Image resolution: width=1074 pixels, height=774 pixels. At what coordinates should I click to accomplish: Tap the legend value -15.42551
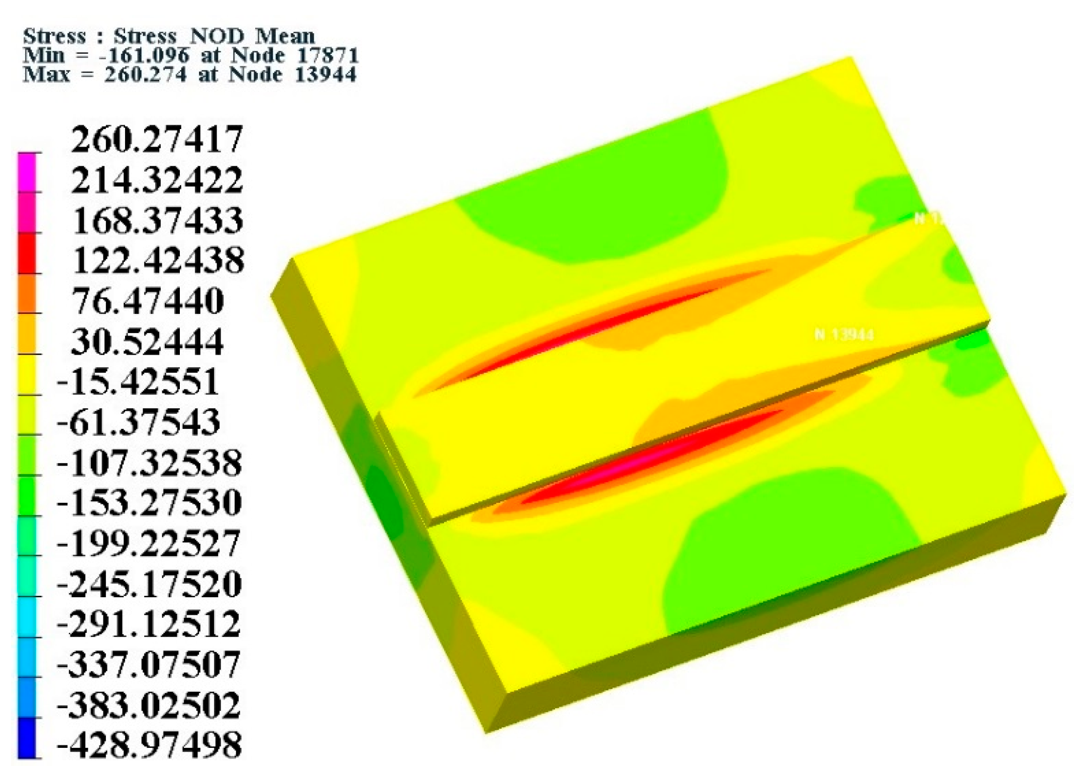(138, 382)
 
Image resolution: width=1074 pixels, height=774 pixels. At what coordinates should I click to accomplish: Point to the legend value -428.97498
(149, 745)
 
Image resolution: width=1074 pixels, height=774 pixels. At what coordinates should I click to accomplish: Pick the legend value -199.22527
(149, 543)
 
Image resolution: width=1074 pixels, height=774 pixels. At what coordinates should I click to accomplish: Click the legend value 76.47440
(148, 301)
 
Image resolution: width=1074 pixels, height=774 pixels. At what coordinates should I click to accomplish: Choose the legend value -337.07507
(149, 664)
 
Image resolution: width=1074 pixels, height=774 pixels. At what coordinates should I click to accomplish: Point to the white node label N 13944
(843, 335)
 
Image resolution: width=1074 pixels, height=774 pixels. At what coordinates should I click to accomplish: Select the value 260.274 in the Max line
(145, 74)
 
